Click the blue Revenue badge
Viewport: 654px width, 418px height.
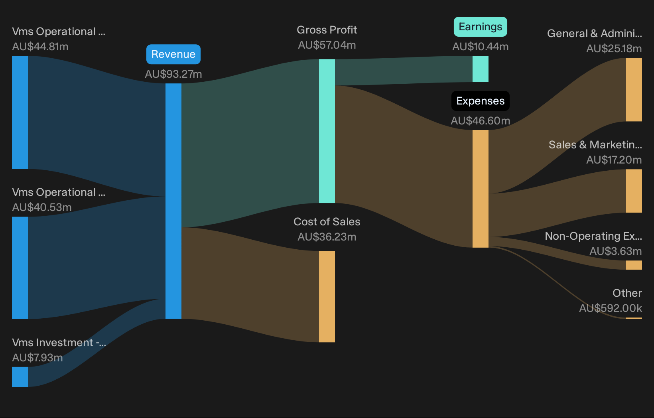(x=173, y=54)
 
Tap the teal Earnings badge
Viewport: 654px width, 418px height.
(x=480, y=27)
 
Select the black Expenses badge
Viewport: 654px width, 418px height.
(x=480, y=101)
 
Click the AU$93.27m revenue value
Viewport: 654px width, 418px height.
(x=173, y=74)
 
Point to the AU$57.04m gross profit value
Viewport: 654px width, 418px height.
(x=327, y=45)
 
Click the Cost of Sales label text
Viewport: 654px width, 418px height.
(x=327, y=222)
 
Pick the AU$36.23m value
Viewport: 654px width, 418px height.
(x=327, y=237)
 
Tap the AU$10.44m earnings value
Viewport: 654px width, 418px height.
(x=480, y=47)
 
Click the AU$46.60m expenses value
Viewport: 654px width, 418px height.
(x=480, y=120)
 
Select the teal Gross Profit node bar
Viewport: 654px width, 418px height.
(x=327, y=131)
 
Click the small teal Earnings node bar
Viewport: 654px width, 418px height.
(x=480, y=69)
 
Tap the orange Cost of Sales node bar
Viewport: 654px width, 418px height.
(x=327, y=296)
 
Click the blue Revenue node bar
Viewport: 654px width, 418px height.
(x=173, y=201)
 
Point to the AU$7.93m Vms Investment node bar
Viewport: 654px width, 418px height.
(x=20, y=377)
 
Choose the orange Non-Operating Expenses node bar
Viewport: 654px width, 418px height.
(x=634, y=265)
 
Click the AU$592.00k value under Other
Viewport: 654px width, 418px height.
(x=610, y=308)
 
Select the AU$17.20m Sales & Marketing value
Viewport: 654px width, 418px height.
(x=614, y=160)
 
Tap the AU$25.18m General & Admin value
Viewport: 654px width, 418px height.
(x=614, y=49)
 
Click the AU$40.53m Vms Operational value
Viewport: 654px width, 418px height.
(x=42, y=207)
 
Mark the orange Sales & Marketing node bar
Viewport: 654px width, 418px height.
(x=634, y=191)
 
